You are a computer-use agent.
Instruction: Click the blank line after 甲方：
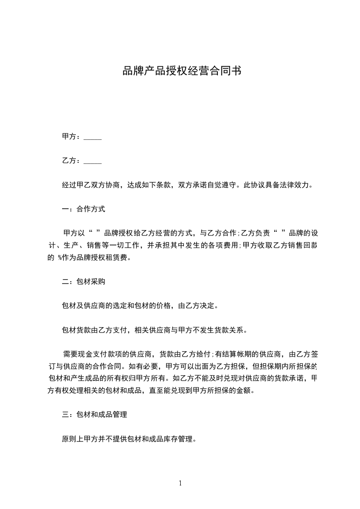[93, 137]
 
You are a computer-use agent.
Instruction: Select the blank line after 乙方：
[93, 161]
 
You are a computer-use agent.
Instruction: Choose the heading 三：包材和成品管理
[94, 415]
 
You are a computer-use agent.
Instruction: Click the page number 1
[180, 483]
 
